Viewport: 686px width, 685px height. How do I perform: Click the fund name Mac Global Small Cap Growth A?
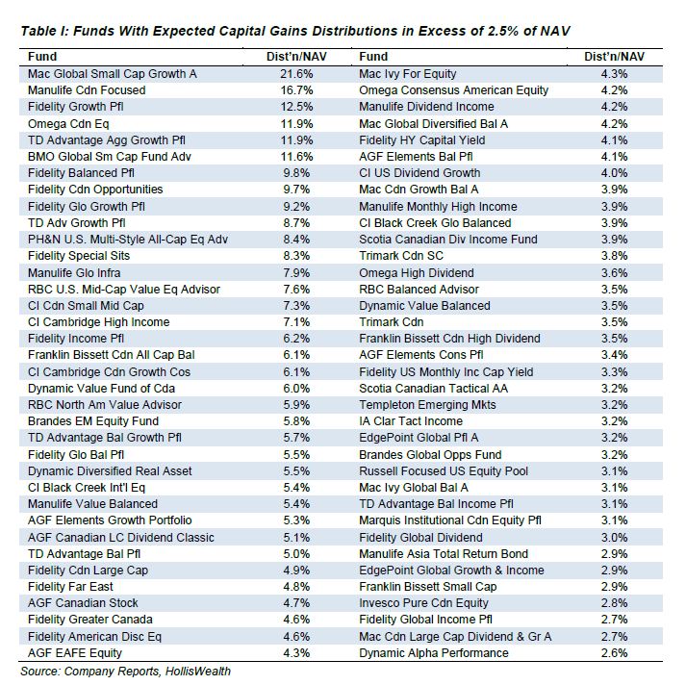(x=112, y=74)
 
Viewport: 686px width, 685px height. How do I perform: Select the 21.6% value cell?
(x=296, y=74)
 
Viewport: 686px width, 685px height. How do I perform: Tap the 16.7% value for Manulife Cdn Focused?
(x=296, y=90)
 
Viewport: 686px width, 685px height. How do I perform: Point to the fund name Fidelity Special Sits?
(x=79, y=256)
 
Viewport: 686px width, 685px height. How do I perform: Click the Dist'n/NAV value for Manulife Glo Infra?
(x=296, y=273)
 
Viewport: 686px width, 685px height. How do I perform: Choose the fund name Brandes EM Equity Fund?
(x=93, y=421)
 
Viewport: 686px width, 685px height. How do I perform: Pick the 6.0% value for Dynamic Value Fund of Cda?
(x=296, y=389)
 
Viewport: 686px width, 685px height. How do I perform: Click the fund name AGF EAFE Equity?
(x=75, y=653)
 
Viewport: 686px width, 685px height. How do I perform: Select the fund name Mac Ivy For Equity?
(x=408, y=74)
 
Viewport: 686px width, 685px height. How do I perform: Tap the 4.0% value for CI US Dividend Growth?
(x=614, y=173)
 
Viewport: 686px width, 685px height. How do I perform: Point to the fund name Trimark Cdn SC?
(x=401, y=256)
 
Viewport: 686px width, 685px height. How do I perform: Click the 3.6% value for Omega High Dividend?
(x=614, y=273)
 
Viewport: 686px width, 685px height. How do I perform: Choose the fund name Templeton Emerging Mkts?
(x=427, y=405)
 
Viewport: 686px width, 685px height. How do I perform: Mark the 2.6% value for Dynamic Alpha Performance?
(x=614, y=653)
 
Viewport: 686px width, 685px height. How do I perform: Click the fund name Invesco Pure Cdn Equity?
(x=423, y=603)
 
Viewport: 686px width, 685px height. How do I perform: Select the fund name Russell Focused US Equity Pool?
(x=444, y=471)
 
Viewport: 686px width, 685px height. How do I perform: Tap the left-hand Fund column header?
(x=42, y=57)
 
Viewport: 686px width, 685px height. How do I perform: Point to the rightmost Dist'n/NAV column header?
(x=614, y=57)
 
